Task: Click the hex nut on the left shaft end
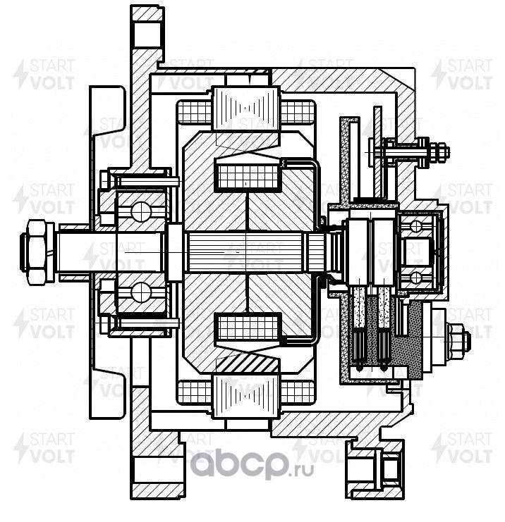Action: [37, 252]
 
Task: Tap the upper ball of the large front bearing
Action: [141, 211]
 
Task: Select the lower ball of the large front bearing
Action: [141, 292]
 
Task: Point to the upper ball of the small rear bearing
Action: [415, 226]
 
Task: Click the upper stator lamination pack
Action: [246, 108]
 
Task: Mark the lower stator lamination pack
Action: [246, 396]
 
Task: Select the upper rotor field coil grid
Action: [248, 176]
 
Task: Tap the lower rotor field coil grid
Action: [248, 328]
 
